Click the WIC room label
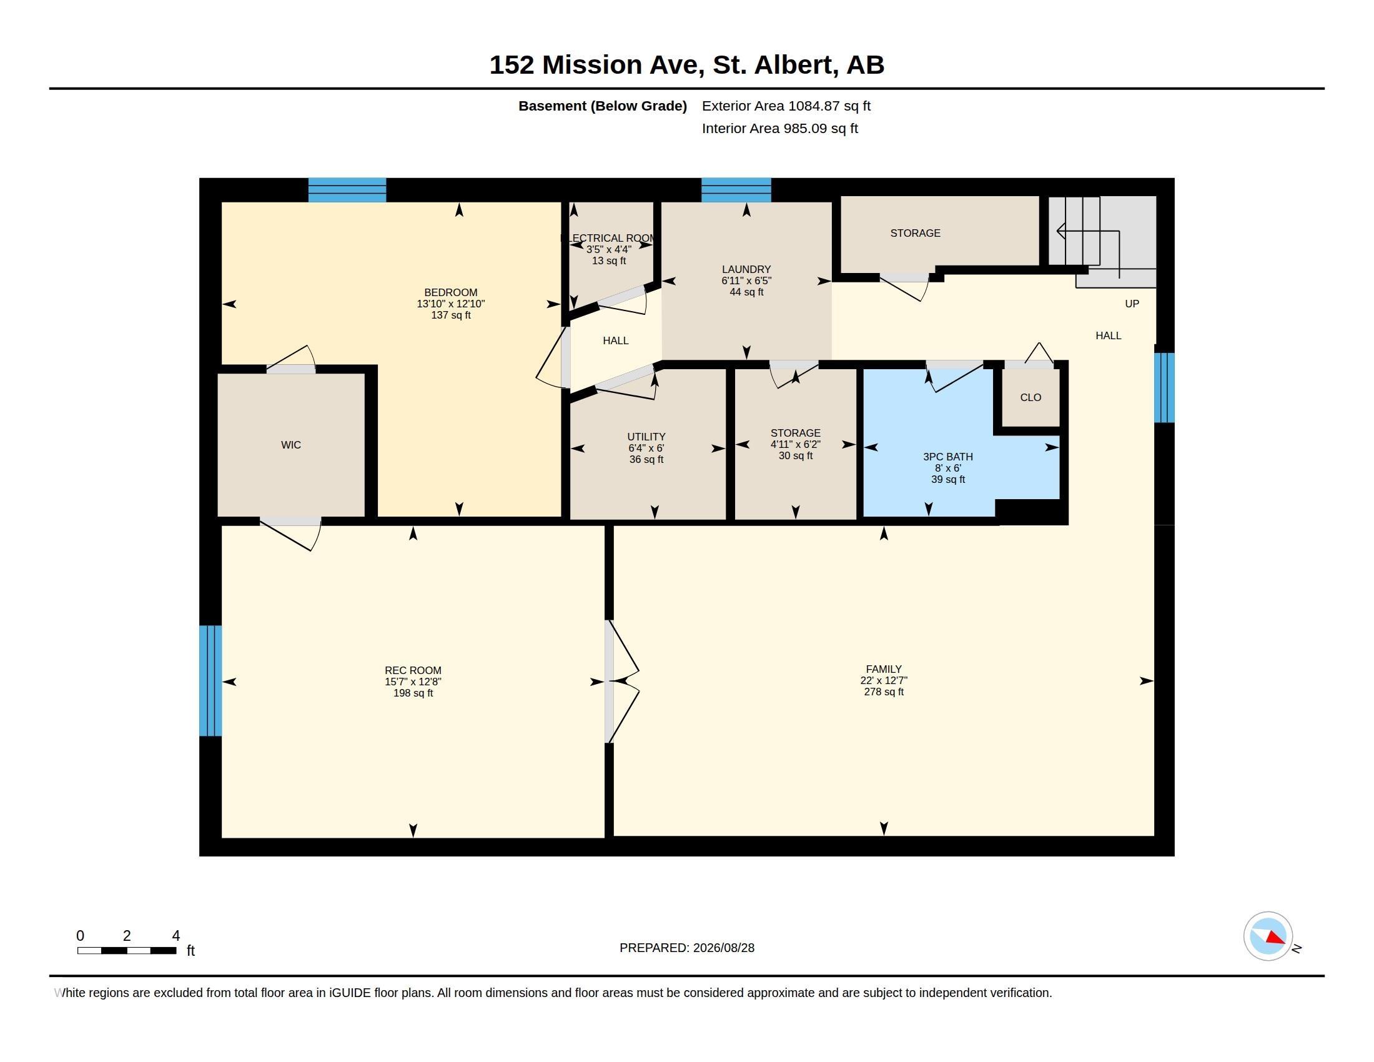pyautogui.click(x=290, y=445)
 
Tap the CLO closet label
pyautogui.click(x=1030, y=397)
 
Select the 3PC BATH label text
pyautogui.click(x=948, y=457)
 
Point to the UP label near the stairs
pyautogui.click(x=1132, y=304)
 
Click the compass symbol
pyautogui.click(x=1268, y=936)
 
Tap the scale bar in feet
pyautogui.click(x=126, y=950)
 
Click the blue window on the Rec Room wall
pyautogui.click(x=210, y=681)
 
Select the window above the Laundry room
pyautogui.click(x=736, y=190)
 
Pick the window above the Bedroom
pyautogui.click(x=347, y=190)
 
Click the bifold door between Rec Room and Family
pyautogui.click(x=621, y=682)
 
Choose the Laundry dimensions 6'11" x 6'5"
pyautogui.click(x=746, y=280)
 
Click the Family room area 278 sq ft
pyautogui.click(x=884, y=692)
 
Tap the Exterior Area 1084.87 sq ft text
pyautogui.click(x=786, y=106)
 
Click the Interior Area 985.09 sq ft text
pyautogui.click(x=779, y=128)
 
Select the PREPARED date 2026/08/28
pyautogui.click(x=723, y=948)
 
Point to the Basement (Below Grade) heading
pyautogui.click(x=602, y=106)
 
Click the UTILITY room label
pyautogui.click(x=646, y=437)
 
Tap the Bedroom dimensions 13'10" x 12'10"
pyautogui.click(x=450, y=304)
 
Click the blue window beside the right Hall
pyautogui.click(x=1164, y=387)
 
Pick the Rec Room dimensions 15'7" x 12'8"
pyautogui.click(x=413, y=682)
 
